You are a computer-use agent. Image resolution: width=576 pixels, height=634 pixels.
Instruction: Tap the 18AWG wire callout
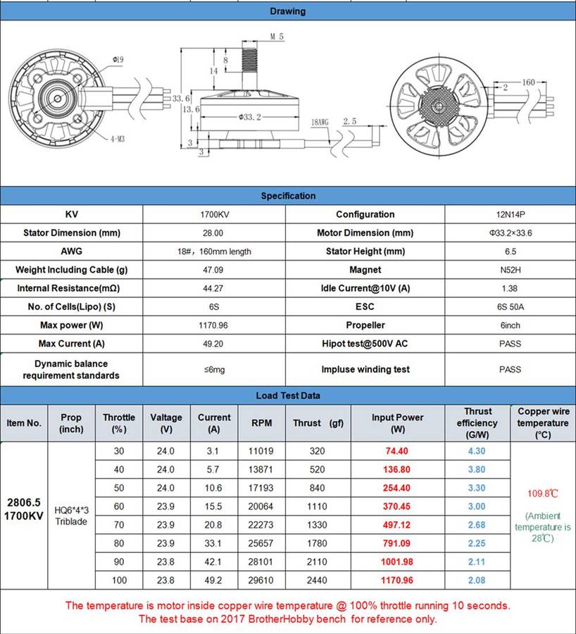(320, 122)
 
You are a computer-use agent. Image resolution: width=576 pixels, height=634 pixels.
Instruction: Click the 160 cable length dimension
(527, 82)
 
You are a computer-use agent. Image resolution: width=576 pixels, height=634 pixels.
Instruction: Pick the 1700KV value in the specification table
(215, 214)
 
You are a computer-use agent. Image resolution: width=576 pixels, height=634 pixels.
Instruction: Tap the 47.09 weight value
(215, 270)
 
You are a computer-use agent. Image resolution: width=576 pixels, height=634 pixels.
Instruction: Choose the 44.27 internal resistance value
(215, 288)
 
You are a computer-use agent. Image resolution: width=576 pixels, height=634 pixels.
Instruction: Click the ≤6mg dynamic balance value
(215, 369)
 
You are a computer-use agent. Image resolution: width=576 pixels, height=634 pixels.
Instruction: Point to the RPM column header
(261, 423)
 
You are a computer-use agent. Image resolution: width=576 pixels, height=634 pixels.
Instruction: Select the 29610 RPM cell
(261, 580)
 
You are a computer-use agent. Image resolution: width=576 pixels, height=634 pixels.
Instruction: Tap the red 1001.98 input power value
(398, 562)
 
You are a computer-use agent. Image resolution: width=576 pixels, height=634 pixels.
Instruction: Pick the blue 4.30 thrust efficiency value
(477, 452)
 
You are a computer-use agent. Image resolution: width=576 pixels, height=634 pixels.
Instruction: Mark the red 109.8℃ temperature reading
(543, 493)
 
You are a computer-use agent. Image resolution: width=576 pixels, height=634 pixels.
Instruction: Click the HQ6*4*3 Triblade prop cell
(71, 516)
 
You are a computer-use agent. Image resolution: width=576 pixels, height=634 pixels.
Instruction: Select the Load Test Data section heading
(288, 396)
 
